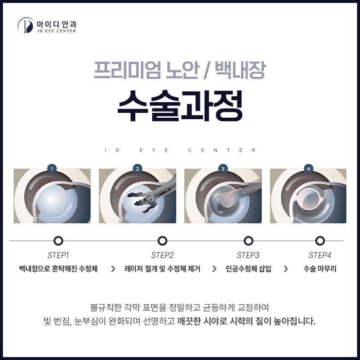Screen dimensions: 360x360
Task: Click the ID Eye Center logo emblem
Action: coord(25,25)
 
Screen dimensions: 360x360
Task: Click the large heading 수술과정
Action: coord(180,106)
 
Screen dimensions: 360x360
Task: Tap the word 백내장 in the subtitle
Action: coord(240,70)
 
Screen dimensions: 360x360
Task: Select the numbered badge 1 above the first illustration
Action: coord(52,169)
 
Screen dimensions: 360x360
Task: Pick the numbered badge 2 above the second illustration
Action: coord(137,169)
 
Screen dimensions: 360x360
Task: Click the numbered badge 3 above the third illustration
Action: coord(223,169)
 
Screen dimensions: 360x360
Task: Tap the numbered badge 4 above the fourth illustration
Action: coord(308,169)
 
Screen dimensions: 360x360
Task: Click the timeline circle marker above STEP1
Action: coord(58,241)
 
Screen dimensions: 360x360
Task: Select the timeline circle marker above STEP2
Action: coord(162,241)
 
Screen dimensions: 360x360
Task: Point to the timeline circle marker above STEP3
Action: coord(248,241)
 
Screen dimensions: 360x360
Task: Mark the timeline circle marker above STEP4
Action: coord(320,241)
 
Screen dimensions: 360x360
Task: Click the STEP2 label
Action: coord(162,255)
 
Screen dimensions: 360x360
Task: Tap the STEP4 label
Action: coord(320,255)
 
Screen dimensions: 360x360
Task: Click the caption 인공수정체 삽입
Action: coord(248,269)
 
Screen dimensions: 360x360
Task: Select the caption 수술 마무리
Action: coord(320,269)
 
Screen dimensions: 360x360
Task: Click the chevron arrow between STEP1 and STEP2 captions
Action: coord(113,269)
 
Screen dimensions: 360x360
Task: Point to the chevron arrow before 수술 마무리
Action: coord(286,269)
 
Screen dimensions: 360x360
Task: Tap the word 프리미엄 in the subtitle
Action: coord(127,70)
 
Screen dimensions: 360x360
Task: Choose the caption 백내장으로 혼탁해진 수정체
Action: coord(58,269)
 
